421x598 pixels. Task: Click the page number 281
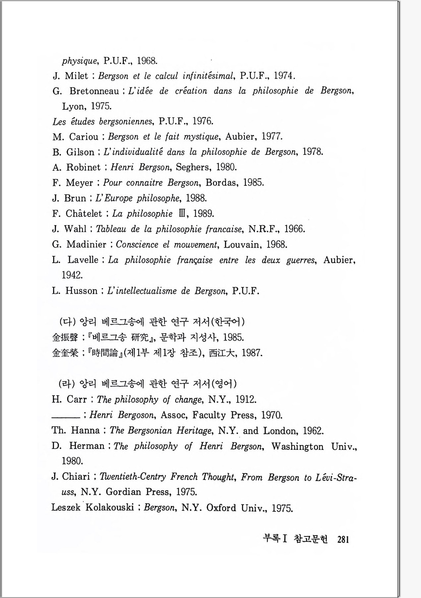(x=343, y=539)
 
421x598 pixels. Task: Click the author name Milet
(x=76, y=76)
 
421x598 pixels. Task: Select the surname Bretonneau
(x=94, y=91)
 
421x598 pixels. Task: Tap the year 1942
(x=72, y=275)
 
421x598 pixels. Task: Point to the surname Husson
(x=81, y=291)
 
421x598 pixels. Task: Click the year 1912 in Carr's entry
(x=246, y=399)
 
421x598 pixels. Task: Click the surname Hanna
(x=85, y=430)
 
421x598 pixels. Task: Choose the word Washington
(x=297, y=446)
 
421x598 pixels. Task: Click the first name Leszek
(x=66, y=507)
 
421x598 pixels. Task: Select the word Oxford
(x=221, y=508)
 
